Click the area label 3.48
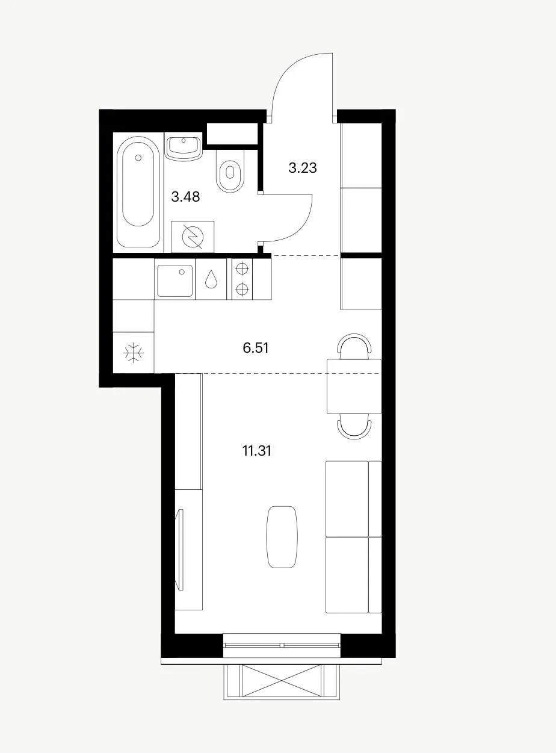point(185,197)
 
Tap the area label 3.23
point(303,168)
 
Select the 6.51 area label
point(256,349)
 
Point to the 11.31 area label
point(256,451)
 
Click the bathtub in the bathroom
point(138,191)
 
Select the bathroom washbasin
point(184,146)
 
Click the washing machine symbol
point(193,236)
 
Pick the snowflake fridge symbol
point(134,353)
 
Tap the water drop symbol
point(211,279)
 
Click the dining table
point(354,386)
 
